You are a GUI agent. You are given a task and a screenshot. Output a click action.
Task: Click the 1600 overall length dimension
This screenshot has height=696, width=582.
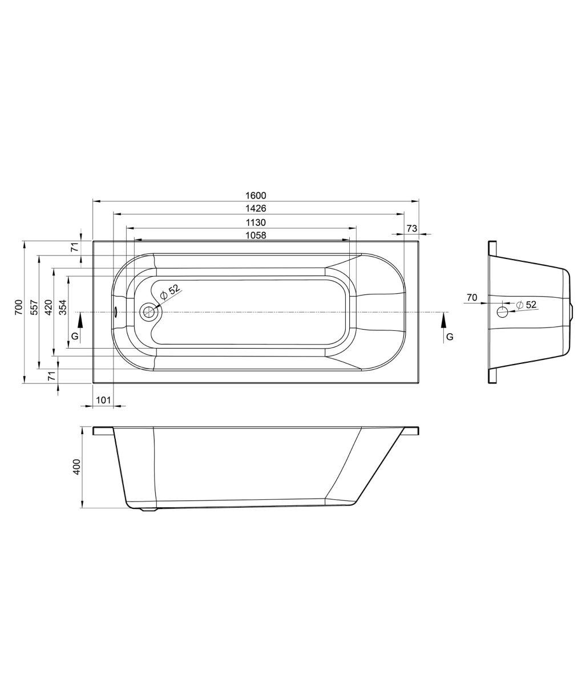coord(256,195)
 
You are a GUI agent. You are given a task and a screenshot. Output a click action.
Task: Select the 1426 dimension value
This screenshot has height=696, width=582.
coord(256,208)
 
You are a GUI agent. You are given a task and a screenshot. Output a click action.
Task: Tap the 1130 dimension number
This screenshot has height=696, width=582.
coord(256,222)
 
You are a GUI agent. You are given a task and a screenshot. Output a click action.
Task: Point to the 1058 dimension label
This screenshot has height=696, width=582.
coord(256,236)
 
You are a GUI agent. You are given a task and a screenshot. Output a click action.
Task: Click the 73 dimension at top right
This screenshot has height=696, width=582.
coord(412,228)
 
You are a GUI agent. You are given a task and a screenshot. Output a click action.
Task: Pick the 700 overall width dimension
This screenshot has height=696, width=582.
coord(19,307)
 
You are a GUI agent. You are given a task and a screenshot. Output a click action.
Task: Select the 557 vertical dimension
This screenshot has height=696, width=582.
coord(34,307)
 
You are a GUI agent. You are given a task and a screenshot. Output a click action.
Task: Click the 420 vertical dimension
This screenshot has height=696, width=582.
coord(48,307)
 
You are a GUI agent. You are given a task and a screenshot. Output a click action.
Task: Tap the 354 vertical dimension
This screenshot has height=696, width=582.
coord(63,307)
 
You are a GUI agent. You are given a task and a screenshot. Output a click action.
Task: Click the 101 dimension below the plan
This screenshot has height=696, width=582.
coord(103,400)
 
